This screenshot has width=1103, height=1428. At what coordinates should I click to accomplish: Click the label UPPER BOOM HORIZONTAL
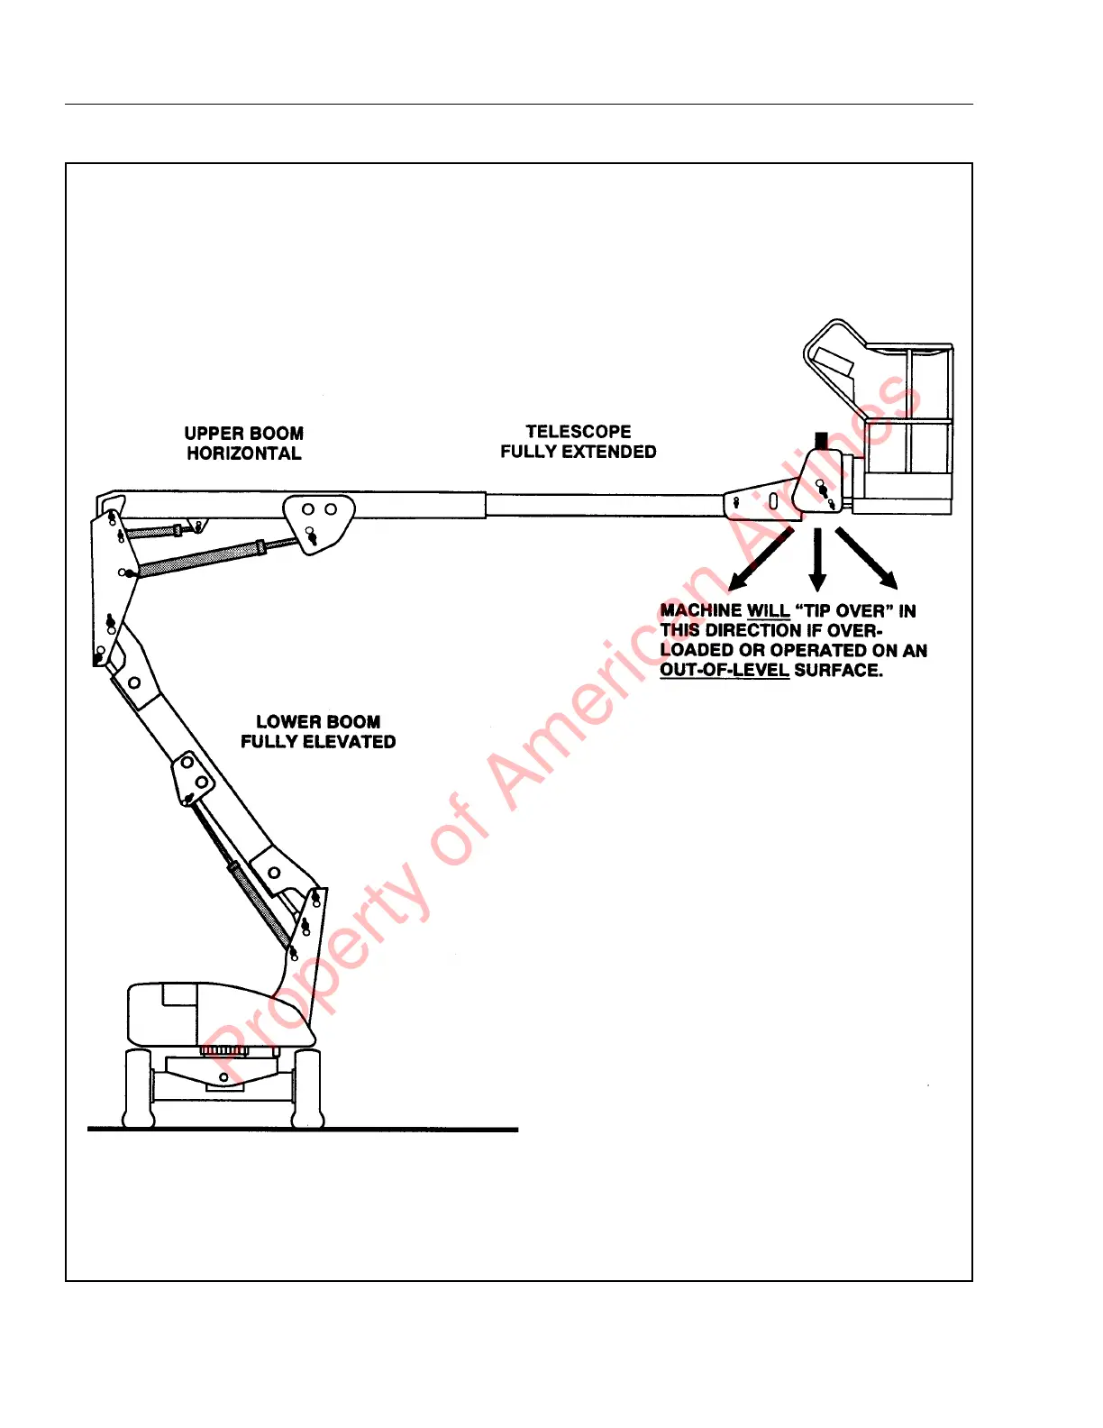[x=243, y=444]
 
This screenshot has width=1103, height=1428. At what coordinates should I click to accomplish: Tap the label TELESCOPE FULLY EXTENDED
[x=578, y=442]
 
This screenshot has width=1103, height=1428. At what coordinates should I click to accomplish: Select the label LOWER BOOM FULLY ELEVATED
[x=318, y=732]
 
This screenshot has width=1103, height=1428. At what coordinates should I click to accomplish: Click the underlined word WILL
[x=768, y=611]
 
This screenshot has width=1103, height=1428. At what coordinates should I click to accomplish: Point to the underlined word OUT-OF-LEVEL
[x=725, y=670]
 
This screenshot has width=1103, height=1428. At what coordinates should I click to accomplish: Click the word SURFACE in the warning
[x=837, y=670]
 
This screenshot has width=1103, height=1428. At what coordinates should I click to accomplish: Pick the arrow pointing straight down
[x=817, y=559]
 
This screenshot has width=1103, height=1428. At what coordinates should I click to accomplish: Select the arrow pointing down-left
[x=761, y=560]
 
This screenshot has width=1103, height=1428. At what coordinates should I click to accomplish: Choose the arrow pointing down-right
[x=867, y=558]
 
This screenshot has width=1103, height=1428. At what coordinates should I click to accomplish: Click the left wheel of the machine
[x=138, y=1088]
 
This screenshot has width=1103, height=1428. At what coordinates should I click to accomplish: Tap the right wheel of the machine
[x=307, y=1088]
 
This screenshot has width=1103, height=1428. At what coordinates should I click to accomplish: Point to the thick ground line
[x=303, y=1129]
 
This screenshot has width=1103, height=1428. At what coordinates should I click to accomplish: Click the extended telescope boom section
[x=604, y=505]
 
